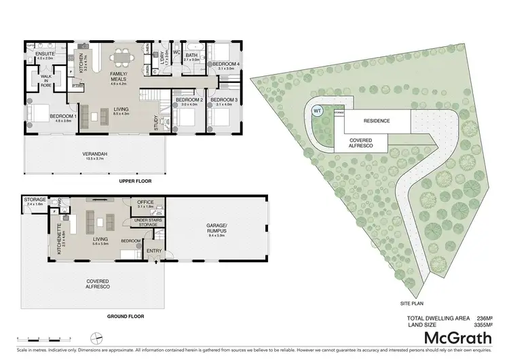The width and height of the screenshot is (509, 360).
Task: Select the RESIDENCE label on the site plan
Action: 377,121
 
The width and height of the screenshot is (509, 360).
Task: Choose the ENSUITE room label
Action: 45,56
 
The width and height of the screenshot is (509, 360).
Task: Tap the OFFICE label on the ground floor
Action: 146,203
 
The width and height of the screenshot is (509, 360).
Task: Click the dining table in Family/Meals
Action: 124,58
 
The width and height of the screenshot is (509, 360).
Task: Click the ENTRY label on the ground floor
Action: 154,253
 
